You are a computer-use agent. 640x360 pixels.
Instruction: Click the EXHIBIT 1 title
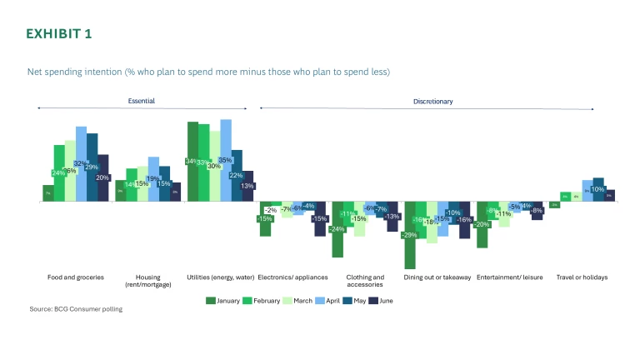pos(59,33)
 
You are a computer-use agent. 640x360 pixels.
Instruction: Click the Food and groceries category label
pos(76,277)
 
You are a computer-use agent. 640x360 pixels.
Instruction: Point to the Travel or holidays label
pos(582,277)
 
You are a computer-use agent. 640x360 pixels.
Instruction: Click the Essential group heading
pos(141,101)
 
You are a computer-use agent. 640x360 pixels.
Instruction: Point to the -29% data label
pos(409,235)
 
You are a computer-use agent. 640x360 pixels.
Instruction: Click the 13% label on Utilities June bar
pos(247,186)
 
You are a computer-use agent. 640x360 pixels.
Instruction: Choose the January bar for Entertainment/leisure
pos(482,233)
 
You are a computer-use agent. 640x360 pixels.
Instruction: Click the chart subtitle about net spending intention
pos(208,72)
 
